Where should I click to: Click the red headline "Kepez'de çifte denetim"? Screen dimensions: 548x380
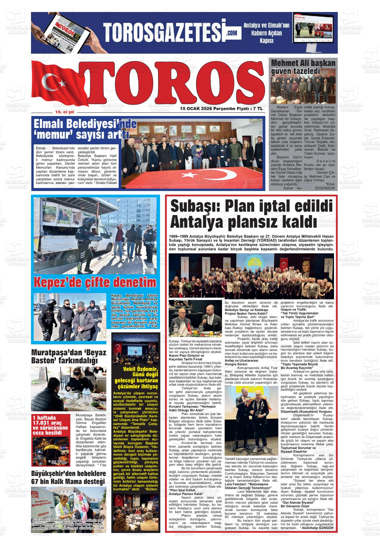point(95,283)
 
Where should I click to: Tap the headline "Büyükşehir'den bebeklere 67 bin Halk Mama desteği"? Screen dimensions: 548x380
point(69,477)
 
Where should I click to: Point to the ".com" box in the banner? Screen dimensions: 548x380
point(232,33)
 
